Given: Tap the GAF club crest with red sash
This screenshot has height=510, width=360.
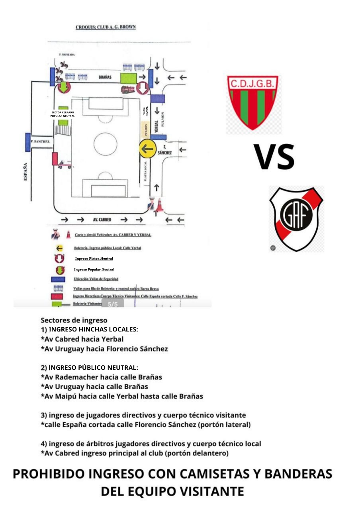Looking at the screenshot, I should click(x=296, y=218).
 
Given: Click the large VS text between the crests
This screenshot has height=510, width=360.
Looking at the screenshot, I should click(x=274, y=157).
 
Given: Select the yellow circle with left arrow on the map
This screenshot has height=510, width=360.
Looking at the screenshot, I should click(x=147, y=149).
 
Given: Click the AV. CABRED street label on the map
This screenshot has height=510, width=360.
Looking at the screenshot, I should click(x=102, y=220).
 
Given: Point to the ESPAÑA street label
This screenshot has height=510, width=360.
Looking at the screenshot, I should click(x=25, y=171).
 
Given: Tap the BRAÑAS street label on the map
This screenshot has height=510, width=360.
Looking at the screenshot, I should click(x=105, y=77).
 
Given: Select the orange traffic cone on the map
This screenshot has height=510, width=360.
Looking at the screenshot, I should click(x=160, y=205).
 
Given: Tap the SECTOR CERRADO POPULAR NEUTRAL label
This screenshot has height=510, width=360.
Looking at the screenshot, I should click(x=63, y=114).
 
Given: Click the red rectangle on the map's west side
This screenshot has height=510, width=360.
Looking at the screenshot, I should click(x=55, y=158).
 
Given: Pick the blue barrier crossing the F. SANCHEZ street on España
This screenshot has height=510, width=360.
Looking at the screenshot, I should click(x=27, y=142).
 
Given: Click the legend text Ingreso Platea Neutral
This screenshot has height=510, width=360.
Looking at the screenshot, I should click(x=94, y=259).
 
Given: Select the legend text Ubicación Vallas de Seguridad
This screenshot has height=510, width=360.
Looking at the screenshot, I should click(x=96, y=279).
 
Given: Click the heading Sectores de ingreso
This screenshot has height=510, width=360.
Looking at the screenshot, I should click(x=74, y=320).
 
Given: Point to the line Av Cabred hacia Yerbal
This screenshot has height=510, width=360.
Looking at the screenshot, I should click(x=82, y=339).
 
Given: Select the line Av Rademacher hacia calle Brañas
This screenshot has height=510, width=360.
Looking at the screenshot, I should click(x=101, y=377).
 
